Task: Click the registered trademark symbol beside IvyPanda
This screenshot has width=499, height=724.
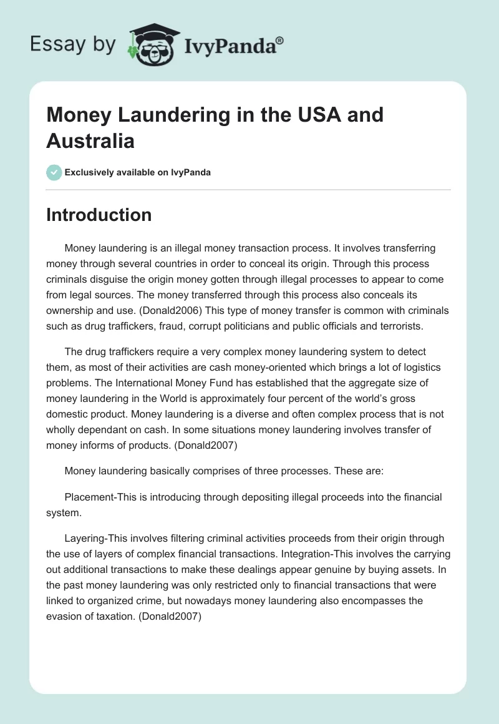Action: click(280, 40)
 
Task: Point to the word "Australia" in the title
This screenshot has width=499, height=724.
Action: click(90, 141)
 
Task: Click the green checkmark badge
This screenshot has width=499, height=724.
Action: click(54, 172)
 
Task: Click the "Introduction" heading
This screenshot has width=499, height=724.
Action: click(99, 215)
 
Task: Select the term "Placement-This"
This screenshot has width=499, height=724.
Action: click(97, 497)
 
